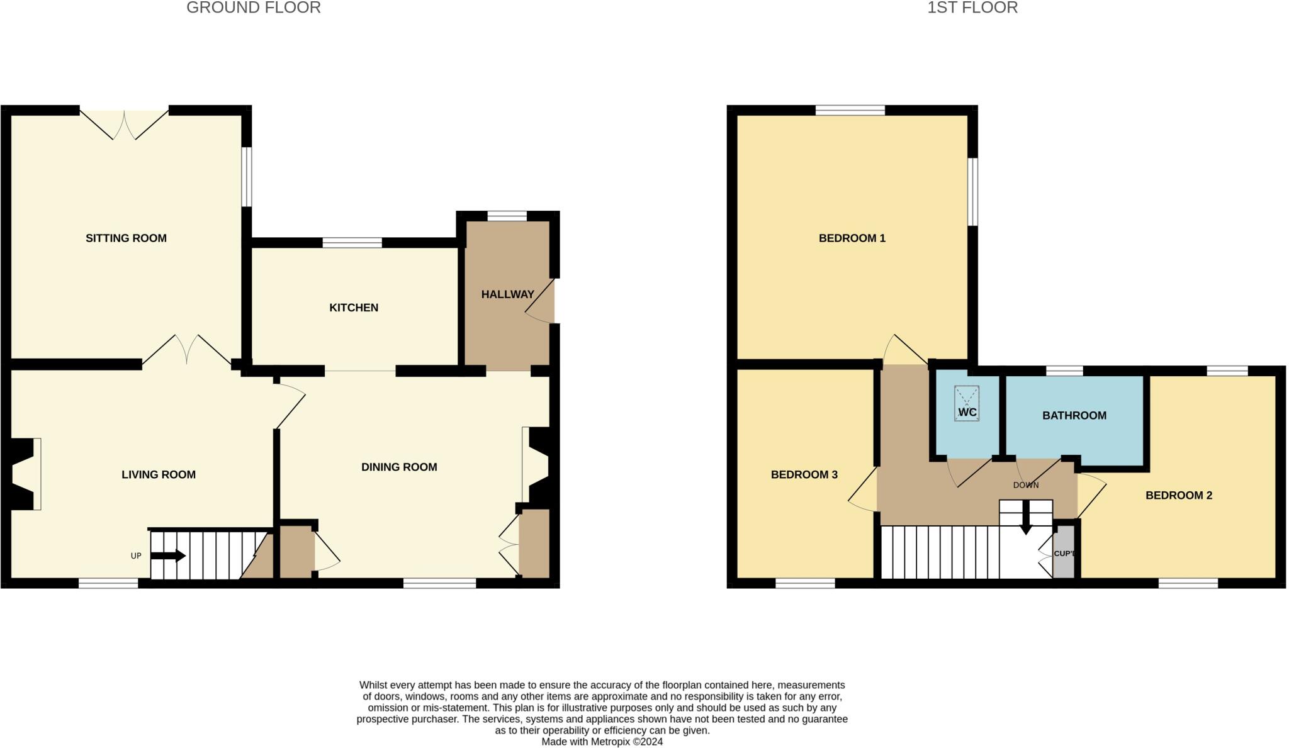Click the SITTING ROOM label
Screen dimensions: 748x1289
click(x=126, y=238)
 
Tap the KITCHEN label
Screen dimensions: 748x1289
click(x=354, y=308)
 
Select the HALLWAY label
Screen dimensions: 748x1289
click(x=507, y=294)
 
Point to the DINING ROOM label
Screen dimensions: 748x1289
click(x=399, y=467)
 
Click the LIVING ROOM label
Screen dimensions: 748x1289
click(x=159, y=474)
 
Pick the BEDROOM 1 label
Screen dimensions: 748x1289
click(x=852, y=238)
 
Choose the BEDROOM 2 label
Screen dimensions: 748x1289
click(x=1178, y=495)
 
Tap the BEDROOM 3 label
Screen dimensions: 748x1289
click(x=804, y=474)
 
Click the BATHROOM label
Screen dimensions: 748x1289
click(x=1074, y=415)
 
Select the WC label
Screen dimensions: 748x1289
click(x=967, y=413)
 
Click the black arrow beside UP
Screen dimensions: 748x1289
click(x=168, y=555)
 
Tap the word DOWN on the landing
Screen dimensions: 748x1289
click(x=1025, y=485)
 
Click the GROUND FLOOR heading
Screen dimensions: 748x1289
click(x=254, y=8)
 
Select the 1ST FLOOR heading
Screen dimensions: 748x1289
click(x=972, y=8)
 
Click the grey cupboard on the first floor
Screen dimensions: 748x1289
click(x=1063, y=554)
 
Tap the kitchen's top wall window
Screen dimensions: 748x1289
click(x=352, y=243)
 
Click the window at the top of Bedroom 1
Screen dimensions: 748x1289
click(x=850, y=110)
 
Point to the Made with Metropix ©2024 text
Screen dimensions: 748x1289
click(x=602, y=742)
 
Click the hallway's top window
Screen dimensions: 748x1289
click(x=507, y=216)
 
